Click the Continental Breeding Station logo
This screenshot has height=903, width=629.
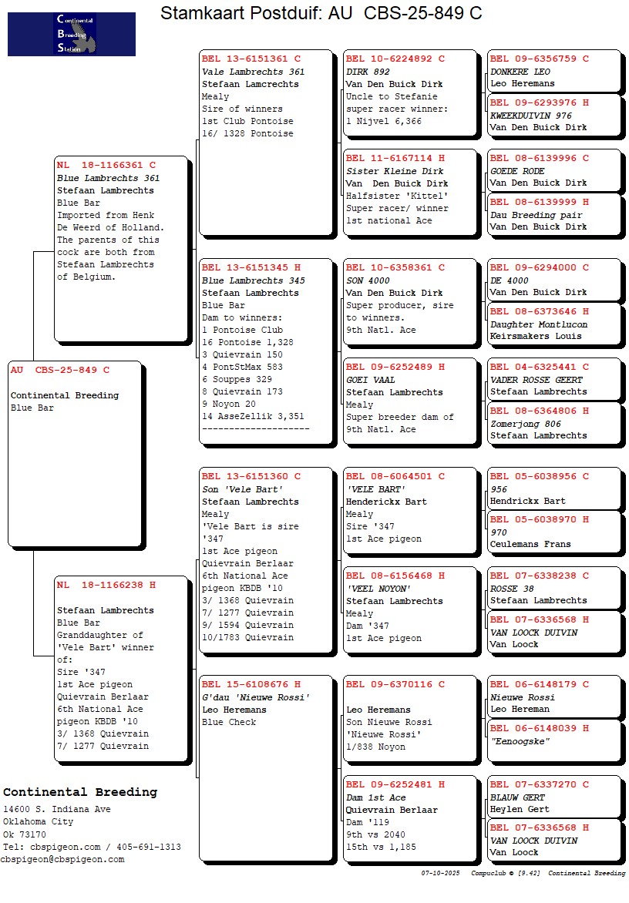[x=72, y=34]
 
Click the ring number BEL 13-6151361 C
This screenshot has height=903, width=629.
[x=251, y=59]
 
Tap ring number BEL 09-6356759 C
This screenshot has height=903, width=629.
[x=539, y=59]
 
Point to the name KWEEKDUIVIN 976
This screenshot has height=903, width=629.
[x=530, y=116]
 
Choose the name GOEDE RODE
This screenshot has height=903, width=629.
[x=517, y=171]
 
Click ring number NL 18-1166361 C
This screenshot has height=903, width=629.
[x=106, y=165]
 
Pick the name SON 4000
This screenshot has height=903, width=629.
[x=368, y=280]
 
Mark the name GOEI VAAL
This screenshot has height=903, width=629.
[x=370, y=380]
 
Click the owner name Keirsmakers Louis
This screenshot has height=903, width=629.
[x=536, y=336]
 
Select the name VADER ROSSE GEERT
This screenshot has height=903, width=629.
[x=536, y=380]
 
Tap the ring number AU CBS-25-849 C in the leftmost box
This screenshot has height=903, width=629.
[x=60, y=370]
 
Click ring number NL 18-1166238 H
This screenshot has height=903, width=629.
[x=106, y=586]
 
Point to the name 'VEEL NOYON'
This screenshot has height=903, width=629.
[x=378, y=589]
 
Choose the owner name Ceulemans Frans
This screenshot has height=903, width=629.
[x=530, y=544]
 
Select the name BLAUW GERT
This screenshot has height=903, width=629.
[x=517, y=797]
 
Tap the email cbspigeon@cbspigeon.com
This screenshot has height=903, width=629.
[x=62, y=859]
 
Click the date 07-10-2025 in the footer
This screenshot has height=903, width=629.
[x=440, y=873]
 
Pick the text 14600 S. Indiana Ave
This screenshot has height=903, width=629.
[x=56, y=809]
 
